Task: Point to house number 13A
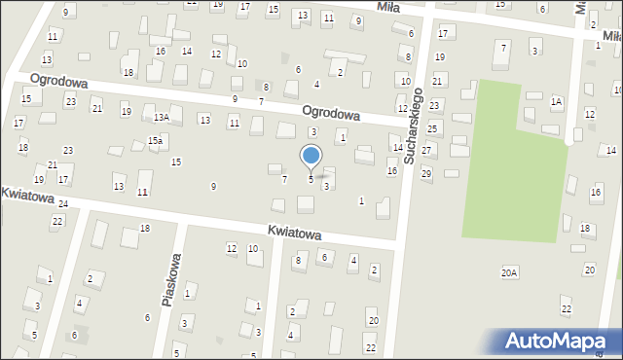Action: click(x=161, y=117)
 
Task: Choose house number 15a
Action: click(x=155, y=141)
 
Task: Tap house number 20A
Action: click(x=509, y=273)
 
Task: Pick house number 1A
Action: click(x=556, y=100)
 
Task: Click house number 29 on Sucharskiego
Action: click(x=426, y=173)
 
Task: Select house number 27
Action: click(x=426, y=151)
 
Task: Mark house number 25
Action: click(x=433, y=127)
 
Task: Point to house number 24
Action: click(x=62, y=203)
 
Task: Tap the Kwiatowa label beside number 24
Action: click(x=24, y=194)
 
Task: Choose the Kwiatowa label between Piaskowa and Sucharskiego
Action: click(x=294, y=234)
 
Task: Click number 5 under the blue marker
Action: click(x=311, y=179)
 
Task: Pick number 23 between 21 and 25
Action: click(x=434, y=104)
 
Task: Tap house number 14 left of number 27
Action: click(x=397, y=147)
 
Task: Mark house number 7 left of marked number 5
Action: click(x=284, y=179)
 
